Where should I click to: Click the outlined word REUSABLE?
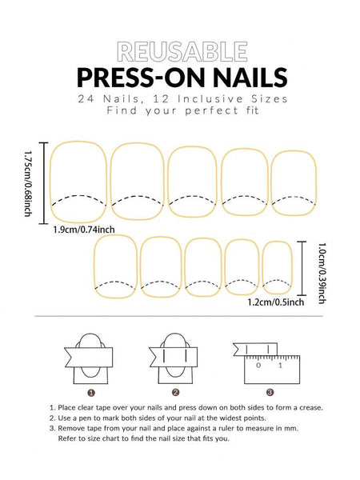point(180,53)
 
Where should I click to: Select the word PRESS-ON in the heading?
point(136,78)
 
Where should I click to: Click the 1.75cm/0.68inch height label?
point(29,184)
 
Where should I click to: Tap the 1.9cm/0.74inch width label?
point(84,230)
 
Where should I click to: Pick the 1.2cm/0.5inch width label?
point(274,302)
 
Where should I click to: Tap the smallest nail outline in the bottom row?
point(276,267)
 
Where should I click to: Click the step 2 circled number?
point(174,392)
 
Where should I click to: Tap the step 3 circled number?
point(270,392)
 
